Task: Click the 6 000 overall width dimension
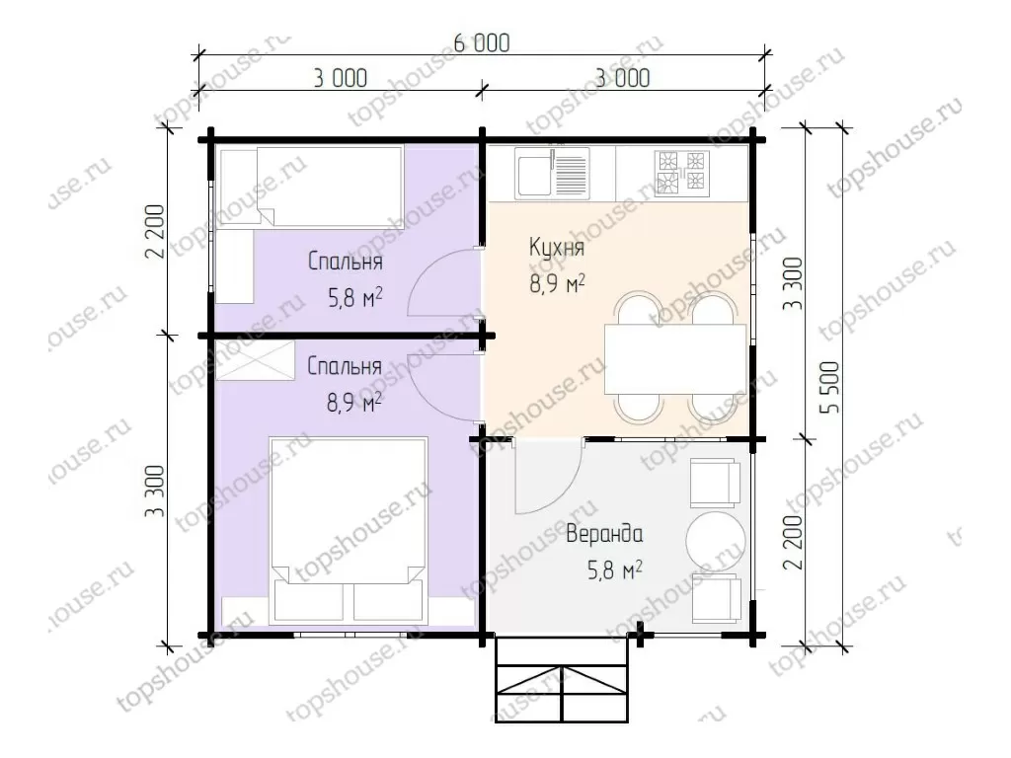point(482,43)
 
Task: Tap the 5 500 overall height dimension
point(830,387)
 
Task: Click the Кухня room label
point(557,247)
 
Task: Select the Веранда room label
point(604,534)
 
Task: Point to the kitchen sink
point(552,174)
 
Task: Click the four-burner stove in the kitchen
point(682,172)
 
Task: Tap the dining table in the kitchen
point(675,359)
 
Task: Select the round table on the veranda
point(715,540)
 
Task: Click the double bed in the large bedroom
point(349,530)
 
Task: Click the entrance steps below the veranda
point(562,679)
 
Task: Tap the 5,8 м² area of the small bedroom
point(355,297)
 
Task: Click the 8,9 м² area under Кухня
point(557,283)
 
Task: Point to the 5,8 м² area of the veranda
point(614,570)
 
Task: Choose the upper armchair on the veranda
point(714,484)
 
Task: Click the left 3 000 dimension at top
point(341,79)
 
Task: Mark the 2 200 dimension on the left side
point(155,231)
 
